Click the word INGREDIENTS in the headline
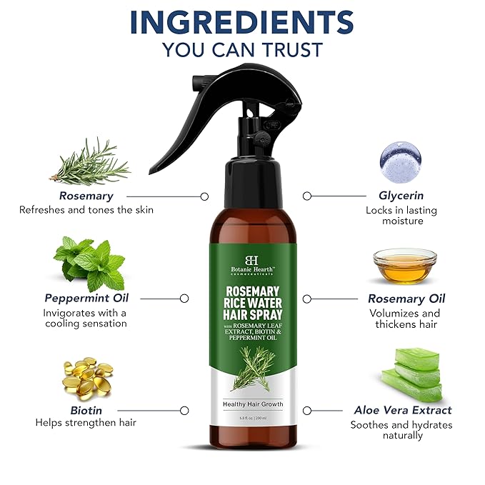tap(242, 22)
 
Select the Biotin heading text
tap(86, 410)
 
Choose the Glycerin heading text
tap(401, 195)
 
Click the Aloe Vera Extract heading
tap(403, 410)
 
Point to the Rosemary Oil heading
tap(406, 299)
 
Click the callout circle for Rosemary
tap(204, 196)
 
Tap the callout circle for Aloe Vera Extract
tap(307, 411)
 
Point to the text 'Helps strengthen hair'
tap(86, 423)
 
